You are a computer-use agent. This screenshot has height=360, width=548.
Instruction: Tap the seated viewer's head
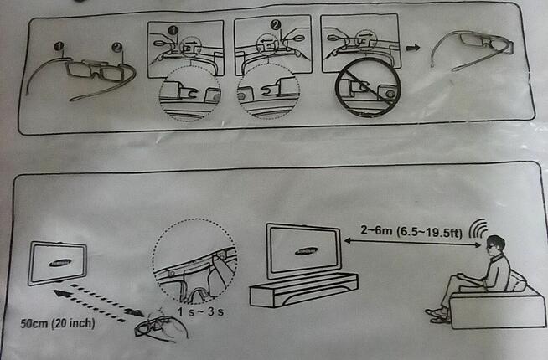coord(494,246)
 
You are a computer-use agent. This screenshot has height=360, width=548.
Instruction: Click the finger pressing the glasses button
coord(221,270)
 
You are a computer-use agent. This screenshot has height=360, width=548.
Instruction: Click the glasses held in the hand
coord(155,326)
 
